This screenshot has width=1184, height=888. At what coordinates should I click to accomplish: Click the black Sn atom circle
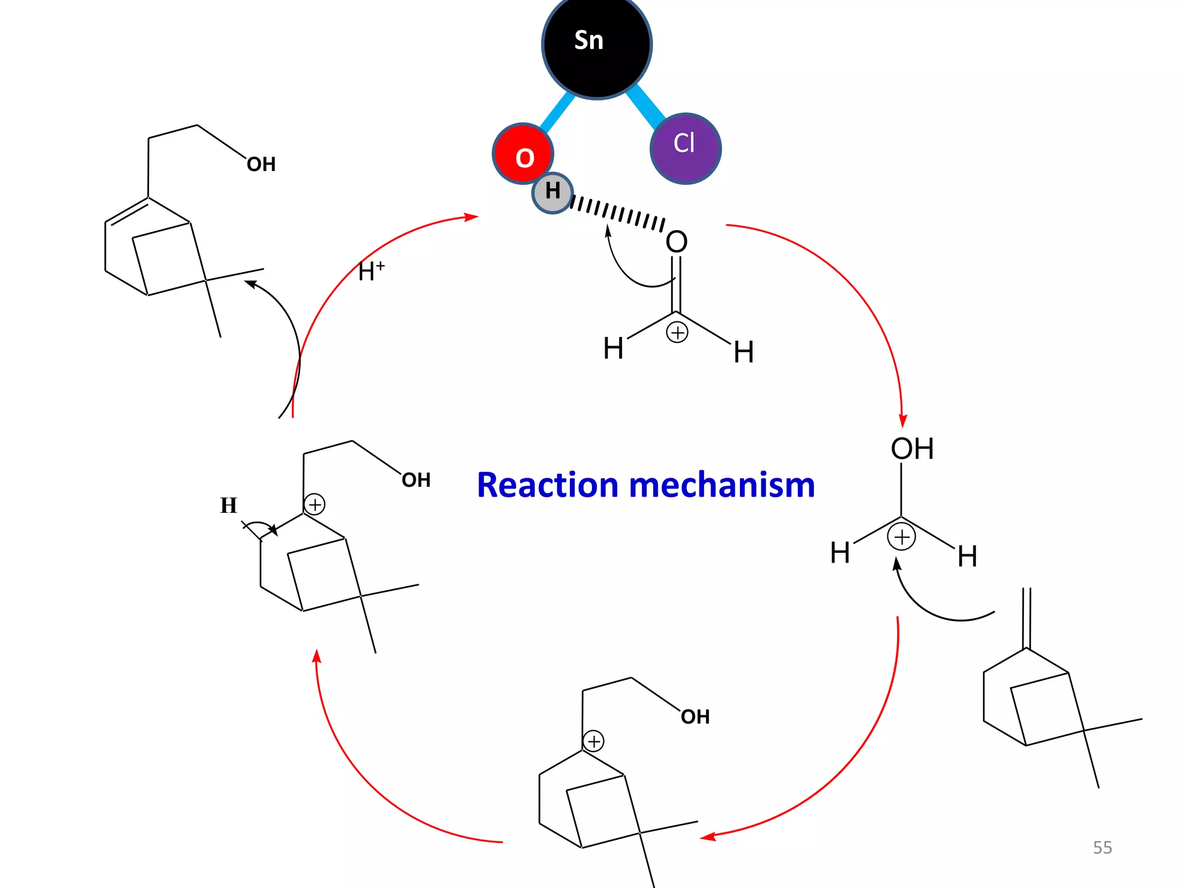pos(597,45)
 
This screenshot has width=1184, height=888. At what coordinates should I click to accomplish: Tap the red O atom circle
pos(523,154)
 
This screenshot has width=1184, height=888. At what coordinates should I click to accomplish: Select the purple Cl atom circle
pos(686,148)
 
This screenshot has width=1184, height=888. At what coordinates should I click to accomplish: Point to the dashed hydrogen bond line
pos(617,213)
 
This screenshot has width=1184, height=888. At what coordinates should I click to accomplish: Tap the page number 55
pos(1102,848)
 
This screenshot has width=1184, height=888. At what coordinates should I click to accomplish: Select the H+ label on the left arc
pos(371,271)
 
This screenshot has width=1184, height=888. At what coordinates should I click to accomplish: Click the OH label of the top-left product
pos(261,165)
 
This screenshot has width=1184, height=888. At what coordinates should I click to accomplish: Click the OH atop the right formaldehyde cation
pos(912,449)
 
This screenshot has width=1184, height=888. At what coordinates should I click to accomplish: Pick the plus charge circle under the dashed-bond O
pos(677,332)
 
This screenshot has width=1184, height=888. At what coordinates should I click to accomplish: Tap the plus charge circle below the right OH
pos(901,537)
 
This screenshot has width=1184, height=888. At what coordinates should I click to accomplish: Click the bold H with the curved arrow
pos(228,505)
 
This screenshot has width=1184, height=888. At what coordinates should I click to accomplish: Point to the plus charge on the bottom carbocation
pos(594,741)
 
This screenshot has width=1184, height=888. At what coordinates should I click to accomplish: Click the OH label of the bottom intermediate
pos(695,717)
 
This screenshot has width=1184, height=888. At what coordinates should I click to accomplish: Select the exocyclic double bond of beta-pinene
pos(1027,617)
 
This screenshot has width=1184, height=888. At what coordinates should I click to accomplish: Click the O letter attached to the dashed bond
pos(676,242)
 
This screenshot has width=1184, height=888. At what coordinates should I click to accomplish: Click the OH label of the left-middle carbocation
pos(416,480)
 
